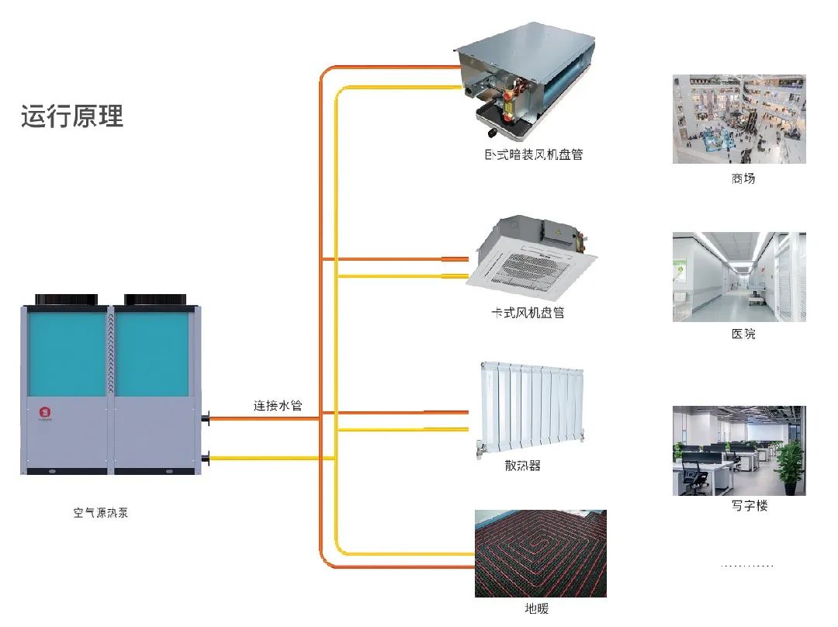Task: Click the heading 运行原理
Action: [x=72, y=116]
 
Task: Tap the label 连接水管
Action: [x=277, y=405]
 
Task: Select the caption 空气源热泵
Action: [x=101, y=513]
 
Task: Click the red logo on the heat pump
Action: [x=43, y=409]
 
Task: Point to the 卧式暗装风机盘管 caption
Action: [x=533, y=154]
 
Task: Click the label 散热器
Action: [x=522, y=466]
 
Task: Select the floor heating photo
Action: [x=540, y=553]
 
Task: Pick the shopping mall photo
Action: [x=739, y=119]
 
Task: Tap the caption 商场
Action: [x=743, y=178]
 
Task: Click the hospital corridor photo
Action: [x=739, y=276]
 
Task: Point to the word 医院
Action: [x=743, y=334]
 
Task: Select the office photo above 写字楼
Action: [x=739, y=450]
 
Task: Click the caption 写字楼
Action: [x=749, y=506]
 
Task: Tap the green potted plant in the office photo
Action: [x=789, y=466]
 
